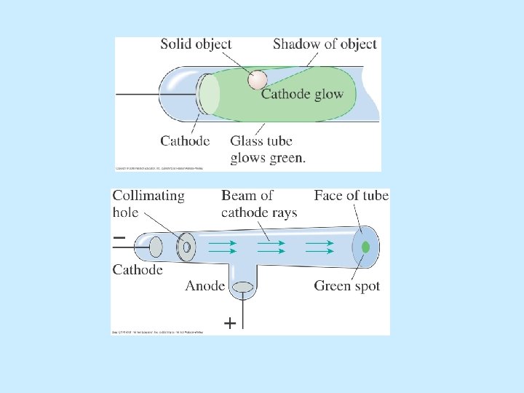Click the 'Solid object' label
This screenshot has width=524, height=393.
tap(196, 44)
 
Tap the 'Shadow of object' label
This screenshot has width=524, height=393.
tap(325, 44)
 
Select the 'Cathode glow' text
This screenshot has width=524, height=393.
tap(302, 94)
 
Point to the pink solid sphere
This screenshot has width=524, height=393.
tap(258, 79)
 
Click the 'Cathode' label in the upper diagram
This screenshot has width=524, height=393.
tap(185, 140)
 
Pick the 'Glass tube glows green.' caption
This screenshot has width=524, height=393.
tap(268, 149)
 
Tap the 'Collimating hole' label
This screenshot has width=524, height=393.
tap(148, 203)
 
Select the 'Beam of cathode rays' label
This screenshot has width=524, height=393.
tap(258, 203)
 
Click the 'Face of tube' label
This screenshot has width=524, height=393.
tap(352, 195)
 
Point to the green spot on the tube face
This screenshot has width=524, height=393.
tap(365, 247)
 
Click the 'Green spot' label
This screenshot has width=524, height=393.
tap(347, 286)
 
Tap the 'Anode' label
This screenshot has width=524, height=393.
tap(205, 286)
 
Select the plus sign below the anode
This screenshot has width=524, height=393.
tap(229, 323)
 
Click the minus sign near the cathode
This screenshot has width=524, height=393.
tap(119, 237)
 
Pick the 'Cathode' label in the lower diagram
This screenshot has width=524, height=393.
tap(138, 270)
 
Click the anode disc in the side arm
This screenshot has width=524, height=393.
tap(242, 287)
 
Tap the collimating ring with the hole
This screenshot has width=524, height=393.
tap(186, 247)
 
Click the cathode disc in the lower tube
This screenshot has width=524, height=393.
tap(156, 247)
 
